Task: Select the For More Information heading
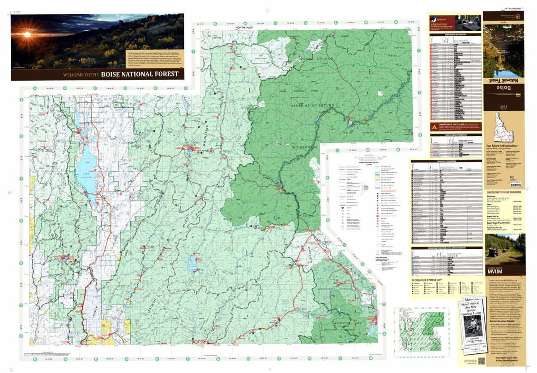(502, 146)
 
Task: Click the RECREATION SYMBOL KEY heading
(430, 281)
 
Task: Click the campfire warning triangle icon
(434, 127)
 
